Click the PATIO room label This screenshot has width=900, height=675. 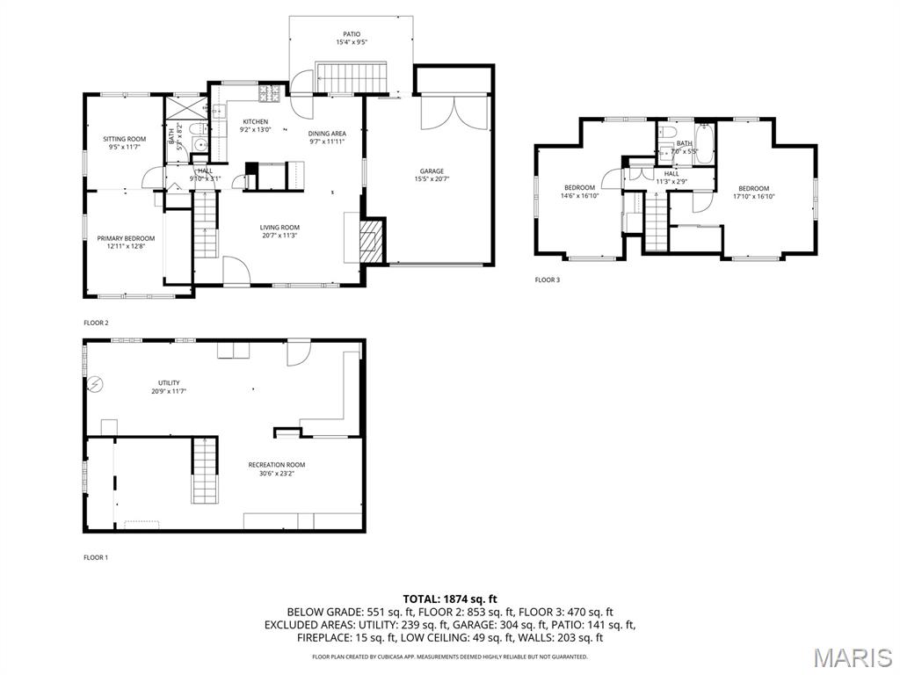[x=352, y=34]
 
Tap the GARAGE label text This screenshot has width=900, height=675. [x=431, y=171]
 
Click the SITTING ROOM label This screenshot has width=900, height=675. [x=124, y=139]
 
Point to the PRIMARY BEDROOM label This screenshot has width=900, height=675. [x=126, y=238]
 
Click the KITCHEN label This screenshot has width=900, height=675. [x=256, y=122]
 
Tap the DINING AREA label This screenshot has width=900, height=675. [x=327, y=134]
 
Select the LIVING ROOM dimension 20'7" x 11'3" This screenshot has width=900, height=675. [x=279, y=236]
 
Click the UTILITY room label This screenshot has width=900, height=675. [x=169, y=382]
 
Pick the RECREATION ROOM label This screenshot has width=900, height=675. [x=277, y=465]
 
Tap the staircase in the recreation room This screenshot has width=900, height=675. [x=204, y=470]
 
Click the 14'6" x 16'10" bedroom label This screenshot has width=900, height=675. [x=579, y=188]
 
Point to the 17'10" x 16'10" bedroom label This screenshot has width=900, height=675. [x=753, y=189]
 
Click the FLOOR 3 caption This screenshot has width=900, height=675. [x=547, y=280]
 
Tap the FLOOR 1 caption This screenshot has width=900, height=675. [x=96, y=557]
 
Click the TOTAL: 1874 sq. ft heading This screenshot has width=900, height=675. [x=449, y=599]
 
